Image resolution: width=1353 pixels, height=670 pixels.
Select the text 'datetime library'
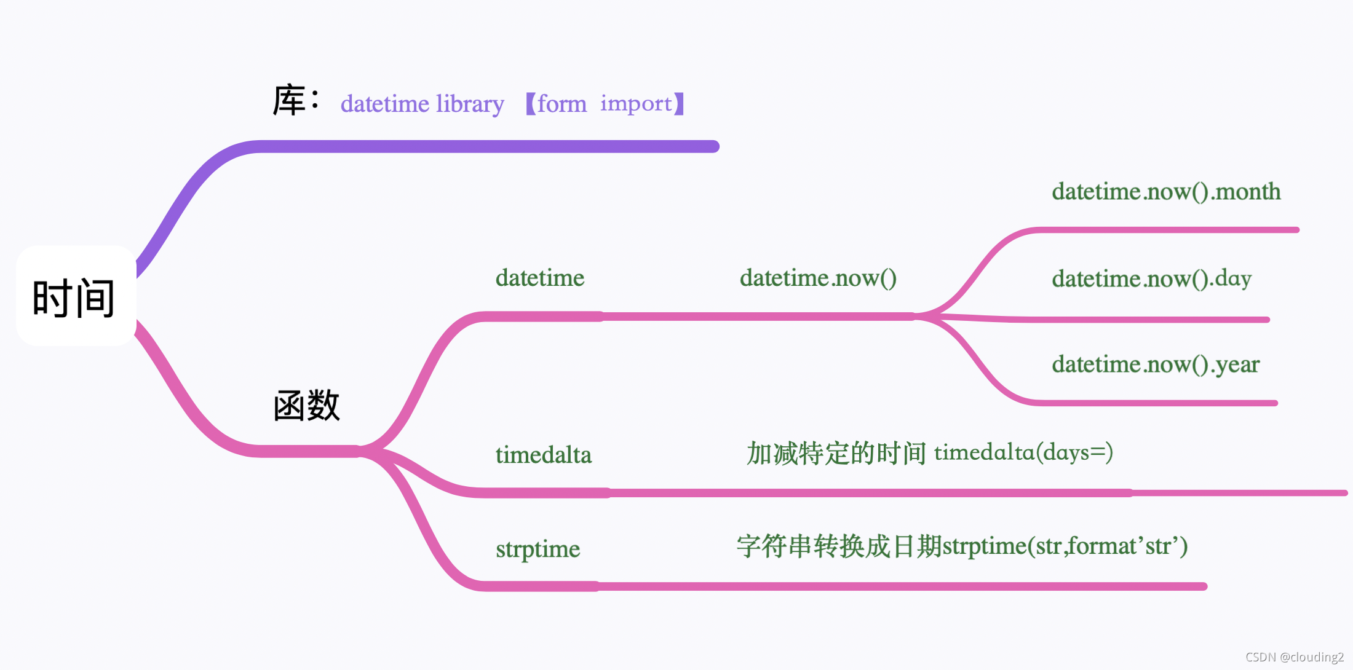click(x=422, y=104)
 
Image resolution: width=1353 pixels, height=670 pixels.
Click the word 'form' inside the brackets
click(x=561, y=104)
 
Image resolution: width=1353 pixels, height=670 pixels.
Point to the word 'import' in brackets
click(x=636, y=104)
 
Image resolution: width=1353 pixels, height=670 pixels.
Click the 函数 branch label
click(x=306, y=406)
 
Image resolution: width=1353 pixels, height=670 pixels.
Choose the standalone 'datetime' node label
click(x=539, y=278)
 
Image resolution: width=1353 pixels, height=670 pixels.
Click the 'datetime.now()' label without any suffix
click(x=817, y=278)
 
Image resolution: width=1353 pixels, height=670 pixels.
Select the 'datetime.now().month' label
click(x=1165, y=192)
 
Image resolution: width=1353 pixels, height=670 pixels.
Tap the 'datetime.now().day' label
click(x=1151, y=278)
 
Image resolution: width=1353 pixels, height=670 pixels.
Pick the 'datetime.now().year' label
click(x=1155, y=365)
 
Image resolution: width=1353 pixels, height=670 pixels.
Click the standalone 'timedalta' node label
click(x=543, y=455)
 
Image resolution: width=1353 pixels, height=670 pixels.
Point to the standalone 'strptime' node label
click(x=538, y=549)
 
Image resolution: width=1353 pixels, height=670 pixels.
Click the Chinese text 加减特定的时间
click(x=836, y=454)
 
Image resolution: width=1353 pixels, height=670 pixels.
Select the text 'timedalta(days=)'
click(x=1023, y=453)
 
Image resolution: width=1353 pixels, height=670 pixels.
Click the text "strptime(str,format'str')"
click(x=1065, y=546)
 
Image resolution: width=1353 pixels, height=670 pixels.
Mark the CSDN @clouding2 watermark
click(x=1294, y=657)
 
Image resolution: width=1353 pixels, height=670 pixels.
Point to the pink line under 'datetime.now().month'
click(x=1168, y=230)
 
